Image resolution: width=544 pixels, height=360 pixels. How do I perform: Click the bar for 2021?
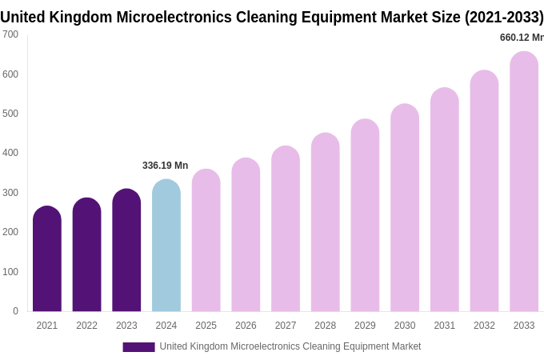[x=47, y=259]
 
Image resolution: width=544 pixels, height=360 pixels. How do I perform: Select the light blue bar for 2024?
[x=166, y=246]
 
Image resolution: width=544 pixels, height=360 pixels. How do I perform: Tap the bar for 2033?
[x=524, y=182]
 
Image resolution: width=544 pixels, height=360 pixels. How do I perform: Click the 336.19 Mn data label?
[x=165, y=166]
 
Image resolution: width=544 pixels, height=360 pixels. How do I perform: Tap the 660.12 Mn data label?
[x=521, y=38]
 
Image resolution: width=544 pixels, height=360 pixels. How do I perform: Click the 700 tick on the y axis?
[x=10, y=34]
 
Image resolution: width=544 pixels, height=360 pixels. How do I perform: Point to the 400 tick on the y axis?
[x=10, y=153]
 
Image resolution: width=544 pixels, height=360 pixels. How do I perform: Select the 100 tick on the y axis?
[x=10, y=272]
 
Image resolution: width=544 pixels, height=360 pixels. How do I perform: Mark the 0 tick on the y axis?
[x=15, y=311]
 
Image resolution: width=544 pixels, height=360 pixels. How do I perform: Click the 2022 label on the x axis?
[x=86, y=326]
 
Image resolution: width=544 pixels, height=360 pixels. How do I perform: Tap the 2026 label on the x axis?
[x=246, y=326]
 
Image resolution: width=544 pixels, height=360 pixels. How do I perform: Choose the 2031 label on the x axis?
[x=444, y=326]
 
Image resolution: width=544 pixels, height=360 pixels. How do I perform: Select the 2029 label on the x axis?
[x=365, y=326]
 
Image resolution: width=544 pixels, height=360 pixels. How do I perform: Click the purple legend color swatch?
[x=138, y=347]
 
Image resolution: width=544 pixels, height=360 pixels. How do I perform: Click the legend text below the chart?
[x=290, y=346]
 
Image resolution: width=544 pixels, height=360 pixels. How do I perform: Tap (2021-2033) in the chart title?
[x=504, y=18]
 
